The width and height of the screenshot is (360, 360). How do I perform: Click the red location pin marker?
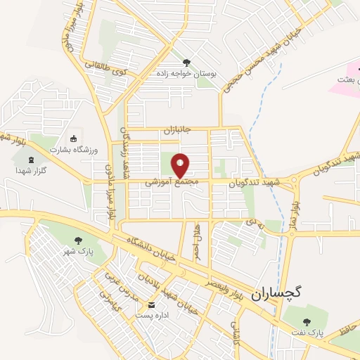tap(181, 165)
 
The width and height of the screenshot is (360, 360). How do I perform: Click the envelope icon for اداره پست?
tap(152, 304)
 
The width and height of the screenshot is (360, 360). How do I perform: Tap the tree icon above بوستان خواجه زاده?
tap(186, 62)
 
